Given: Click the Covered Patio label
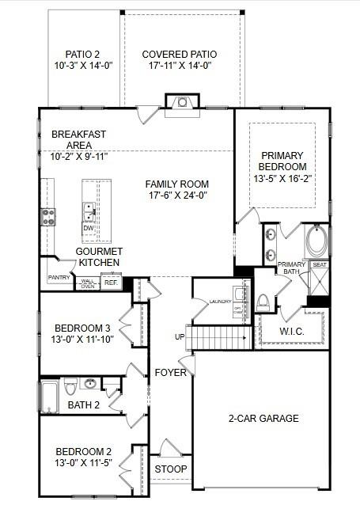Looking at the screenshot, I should tap(179, 55).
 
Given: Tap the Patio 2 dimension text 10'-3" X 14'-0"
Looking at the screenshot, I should tap(84, 66).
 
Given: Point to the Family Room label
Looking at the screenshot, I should tap(177, 184).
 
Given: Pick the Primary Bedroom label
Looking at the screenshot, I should tap(282, 161).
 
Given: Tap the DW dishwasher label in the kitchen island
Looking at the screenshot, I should tap(89, 229).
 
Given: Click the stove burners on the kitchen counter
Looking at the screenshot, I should tap(48, 216).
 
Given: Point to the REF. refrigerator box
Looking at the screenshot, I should tap(111, 282).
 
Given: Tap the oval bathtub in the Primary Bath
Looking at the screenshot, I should tap(316, 241).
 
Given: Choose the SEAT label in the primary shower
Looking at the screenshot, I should tap(319, 264).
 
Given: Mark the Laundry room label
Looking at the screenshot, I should tap(220, 302).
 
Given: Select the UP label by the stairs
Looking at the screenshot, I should tap(180, 337).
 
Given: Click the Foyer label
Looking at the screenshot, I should tap(171, 372).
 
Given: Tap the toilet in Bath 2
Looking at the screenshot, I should tap(71, 387).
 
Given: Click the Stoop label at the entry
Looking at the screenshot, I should tap(171, 469).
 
